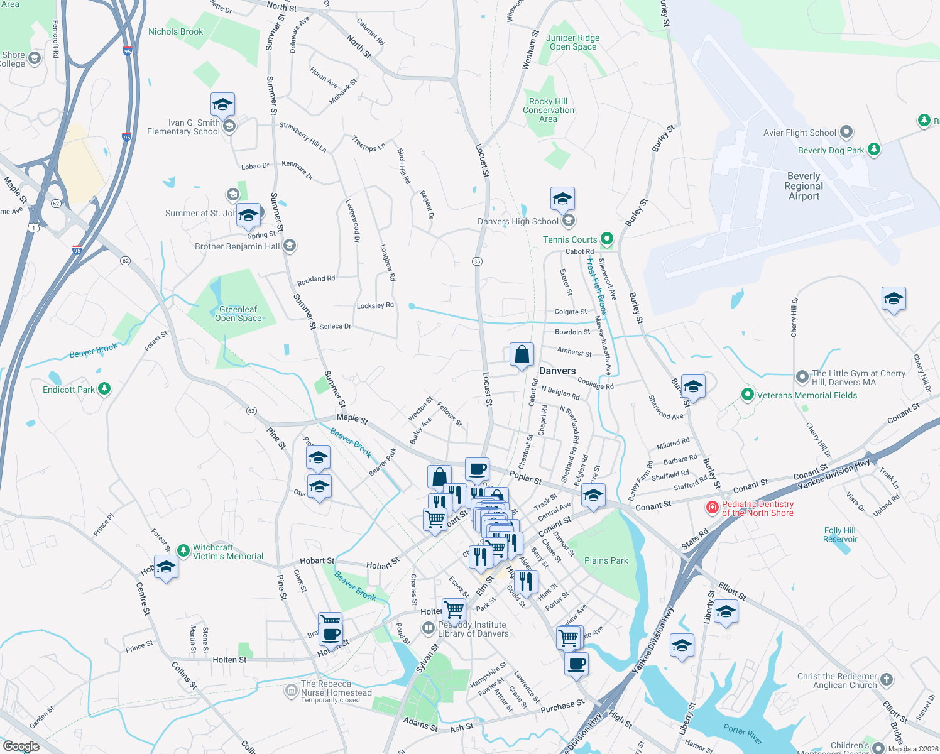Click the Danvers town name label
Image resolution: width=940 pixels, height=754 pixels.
pyautogui.click(x=557, y=371)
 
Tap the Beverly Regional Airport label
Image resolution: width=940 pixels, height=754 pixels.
pyautogui.click(x=804, y=186)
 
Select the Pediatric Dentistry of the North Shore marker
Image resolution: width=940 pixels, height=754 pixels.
pyautogui.click(x=712, y=508)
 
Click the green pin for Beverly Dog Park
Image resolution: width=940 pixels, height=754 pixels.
pyautogui.click(x=873, y=150)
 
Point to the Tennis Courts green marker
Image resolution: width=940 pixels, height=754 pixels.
pyautogui.click(x=606, y=239)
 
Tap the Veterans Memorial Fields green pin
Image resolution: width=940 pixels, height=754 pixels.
pyautogui.click(x=747, y=395)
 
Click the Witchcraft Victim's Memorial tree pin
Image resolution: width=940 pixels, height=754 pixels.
pyautogui.click(x=183, y=551)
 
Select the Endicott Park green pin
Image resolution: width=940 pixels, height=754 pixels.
pyautogui.click(x=104, y=389)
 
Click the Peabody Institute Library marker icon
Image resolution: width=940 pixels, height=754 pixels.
pyautogui.click(x=429, y=628)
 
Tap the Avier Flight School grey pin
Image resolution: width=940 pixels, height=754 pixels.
pyautogui.click(x=846, y=133)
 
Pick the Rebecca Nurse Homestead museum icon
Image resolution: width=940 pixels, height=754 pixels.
pyautogui.click(x=291, y=691)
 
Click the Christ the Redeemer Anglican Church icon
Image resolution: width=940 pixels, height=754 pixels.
pyautogui.click(x=886, y=679)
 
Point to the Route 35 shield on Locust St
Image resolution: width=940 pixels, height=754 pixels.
pyautogui.click(x=478, y=261)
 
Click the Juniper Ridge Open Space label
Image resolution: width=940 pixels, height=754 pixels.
pyautogui.click(x=573, y=42)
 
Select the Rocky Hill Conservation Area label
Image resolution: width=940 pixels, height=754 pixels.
pyautogui.click(x=549, y=110)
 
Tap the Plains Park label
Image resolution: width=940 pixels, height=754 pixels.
pyautogui.click(x=606, y=560)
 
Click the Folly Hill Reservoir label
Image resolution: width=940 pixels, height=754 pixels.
pyautogui.click(x=840, y=535)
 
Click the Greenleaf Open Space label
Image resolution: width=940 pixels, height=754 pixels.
pyautogui.click(x=238, y=314)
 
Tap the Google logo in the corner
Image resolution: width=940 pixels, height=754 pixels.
pyautogui.click(x=21, y=746)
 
